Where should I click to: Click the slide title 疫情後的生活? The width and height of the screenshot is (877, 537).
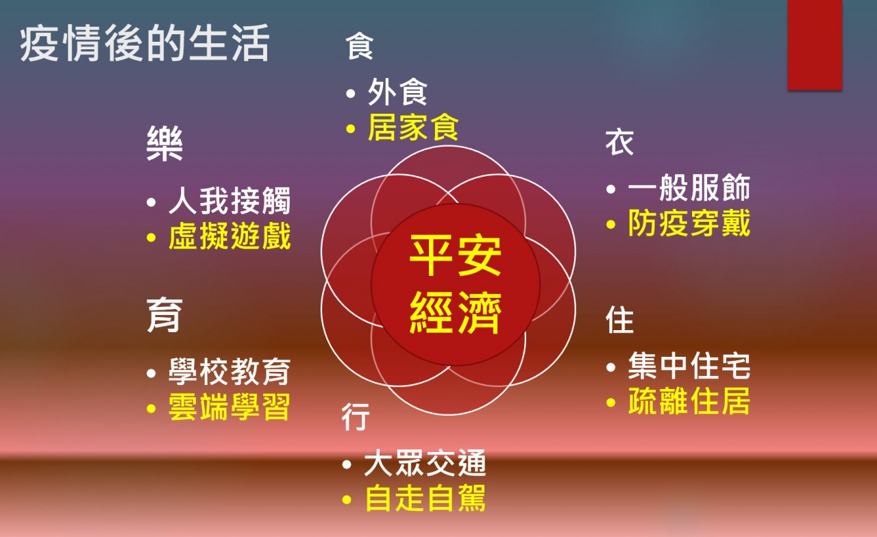(145, 42)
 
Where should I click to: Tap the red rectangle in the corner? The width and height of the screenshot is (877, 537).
(815, 45)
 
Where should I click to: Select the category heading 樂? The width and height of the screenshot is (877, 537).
(165, 143)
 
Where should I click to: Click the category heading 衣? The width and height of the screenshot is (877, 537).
(620, 143)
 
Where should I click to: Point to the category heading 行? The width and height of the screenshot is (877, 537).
(356, 417)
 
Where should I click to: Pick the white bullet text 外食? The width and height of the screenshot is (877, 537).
(397, 92)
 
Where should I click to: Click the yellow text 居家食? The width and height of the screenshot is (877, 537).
(413, 127)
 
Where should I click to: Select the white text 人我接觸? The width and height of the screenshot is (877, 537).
(230, 201)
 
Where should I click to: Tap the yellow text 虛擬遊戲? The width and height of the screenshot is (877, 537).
(230, 236)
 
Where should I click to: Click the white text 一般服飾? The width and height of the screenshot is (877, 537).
(689, 188)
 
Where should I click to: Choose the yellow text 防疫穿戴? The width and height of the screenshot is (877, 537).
(689, 223)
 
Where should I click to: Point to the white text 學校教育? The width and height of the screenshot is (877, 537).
(230, 371)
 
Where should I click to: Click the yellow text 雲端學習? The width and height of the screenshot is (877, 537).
(230, 407)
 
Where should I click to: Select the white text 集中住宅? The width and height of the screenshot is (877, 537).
(689, 366)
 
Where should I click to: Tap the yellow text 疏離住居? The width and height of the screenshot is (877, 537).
(689, 401)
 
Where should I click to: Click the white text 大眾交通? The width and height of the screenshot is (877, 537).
(425, 463)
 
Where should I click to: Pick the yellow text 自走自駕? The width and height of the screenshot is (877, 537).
(425, 498)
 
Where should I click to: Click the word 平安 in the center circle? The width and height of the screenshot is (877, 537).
(456, 255)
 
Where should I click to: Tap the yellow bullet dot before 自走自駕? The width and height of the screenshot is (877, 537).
(347, 499)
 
